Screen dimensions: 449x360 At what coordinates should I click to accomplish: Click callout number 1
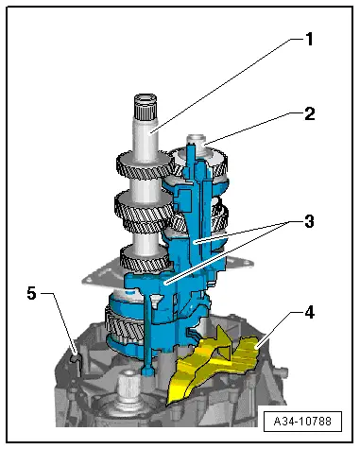(x=307, y=41)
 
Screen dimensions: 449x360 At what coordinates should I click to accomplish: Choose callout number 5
(x=31, y=294)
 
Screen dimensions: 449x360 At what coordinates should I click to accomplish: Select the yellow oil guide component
(x=217, y=364)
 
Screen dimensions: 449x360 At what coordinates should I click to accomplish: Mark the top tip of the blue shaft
(x=193, y=142)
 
